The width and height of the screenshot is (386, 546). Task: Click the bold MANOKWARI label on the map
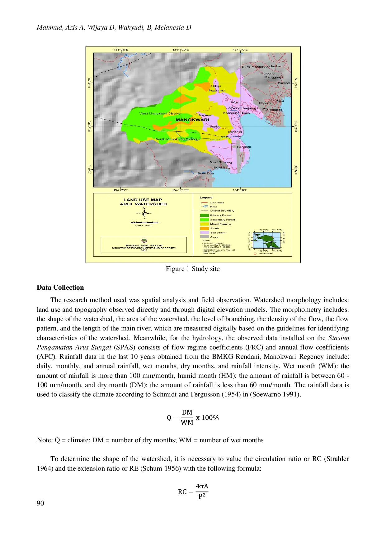pos(192,120)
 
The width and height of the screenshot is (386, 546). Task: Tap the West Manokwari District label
pos(159,113)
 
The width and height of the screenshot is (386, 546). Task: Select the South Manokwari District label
pos(176,139)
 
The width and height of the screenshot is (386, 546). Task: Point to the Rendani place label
pos(244,147)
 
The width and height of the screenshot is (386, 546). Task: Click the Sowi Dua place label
pos(205,173)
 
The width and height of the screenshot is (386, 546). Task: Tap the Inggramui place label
pos(217,91)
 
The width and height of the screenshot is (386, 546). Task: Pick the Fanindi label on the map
pos(284,83)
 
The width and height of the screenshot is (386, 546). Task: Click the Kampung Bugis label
pos(236,113)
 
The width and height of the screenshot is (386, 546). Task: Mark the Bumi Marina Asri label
pos(256,67)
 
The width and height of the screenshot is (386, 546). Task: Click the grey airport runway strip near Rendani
pos(238,159)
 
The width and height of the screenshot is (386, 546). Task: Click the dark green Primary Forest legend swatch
pos(204,215)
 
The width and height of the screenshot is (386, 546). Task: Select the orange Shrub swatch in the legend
pos(204,228)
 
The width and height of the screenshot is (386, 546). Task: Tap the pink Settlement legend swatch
pos(204,233)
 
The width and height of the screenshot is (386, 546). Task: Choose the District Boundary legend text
pos(222,211)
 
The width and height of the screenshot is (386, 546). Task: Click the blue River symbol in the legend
pos(204,207)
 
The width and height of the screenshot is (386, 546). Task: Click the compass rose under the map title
pos(144,213)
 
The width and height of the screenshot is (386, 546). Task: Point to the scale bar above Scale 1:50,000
pos(145,222)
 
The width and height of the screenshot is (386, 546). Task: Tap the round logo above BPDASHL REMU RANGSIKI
pos(144,241)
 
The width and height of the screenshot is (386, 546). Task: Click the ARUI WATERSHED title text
pos(143,204)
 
